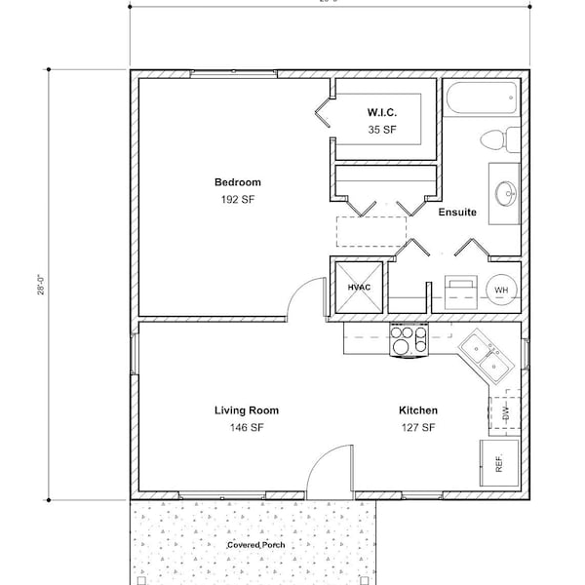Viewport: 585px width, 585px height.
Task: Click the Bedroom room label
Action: (x=238, y=182)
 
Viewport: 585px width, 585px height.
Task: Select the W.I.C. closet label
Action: (x=381, y=113)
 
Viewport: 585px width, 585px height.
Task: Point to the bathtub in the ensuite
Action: (x=482, y=98)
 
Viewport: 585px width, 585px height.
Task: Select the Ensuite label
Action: (x=457, y=213)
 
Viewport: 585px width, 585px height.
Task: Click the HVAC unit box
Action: (x=357, y=288)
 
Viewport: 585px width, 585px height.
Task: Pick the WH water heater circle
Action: (x=501, y=290)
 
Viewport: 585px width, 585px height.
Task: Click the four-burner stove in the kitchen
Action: (x=409, y=339)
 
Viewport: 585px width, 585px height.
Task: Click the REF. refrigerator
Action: (x=498, y=462)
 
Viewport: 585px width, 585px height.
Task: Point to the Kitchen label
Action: (x=417, y=410)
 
